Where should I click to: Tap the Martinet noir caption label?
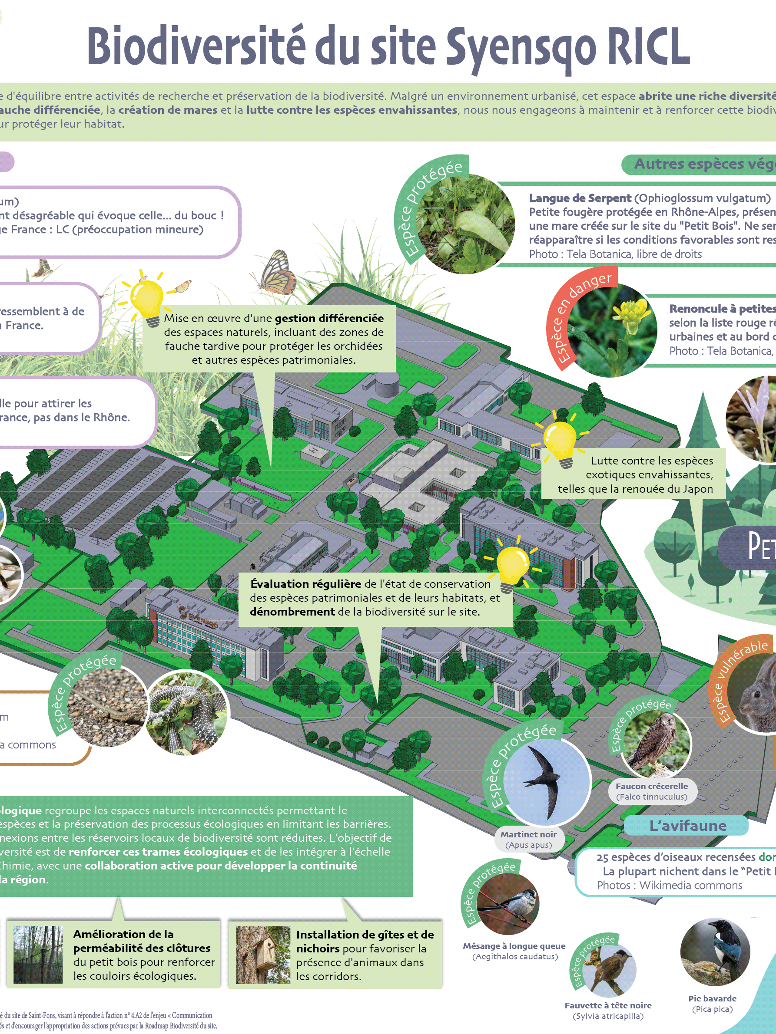529,840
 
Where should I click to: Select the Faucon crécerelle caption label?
652,791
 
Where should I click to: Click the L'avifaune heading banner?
687,826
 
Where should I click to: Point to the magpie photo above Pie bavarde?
715,952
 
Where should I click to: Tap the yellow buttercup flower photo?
612,331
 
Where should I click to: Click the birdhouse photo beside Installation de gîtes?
263,955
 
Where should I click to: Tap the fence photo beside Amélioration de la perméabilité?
38,955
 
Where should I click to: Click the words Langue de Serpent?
580,198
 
